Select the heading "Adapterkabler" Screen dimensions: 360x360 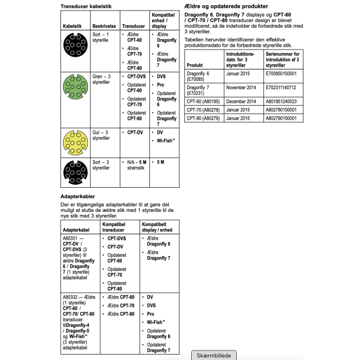78,195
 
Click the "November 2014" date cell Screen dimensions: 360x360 242,87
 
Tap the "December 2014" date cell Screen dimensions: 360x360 242,101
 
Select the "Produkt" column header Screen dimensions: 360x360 195,64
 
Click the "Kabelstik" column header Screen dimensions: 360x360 73,27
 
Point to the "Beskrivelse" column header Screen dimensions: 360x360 103,27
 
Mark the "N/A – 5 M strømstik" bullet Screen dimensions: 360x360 132,165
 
